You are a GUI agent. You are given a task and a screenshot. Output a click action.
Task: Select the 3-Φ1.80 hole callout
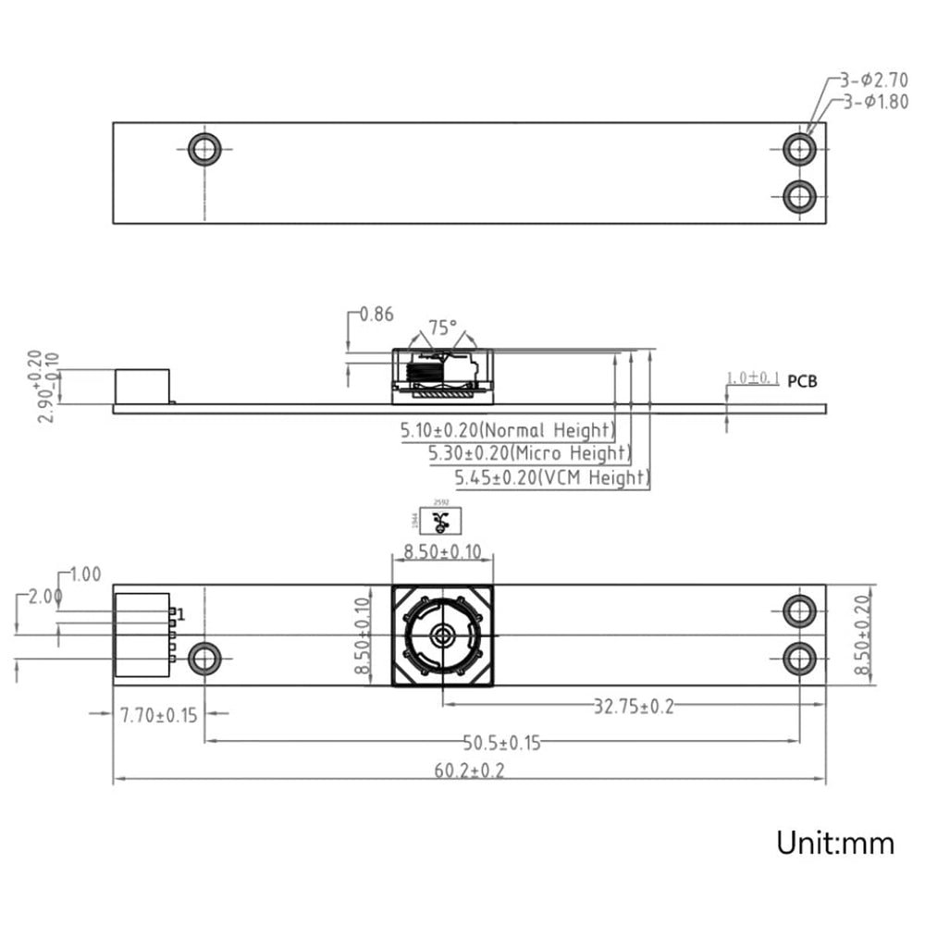(x=875, y=103)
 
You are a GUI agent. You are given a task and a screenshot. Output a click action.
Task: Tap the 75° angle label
(x=442, y=327)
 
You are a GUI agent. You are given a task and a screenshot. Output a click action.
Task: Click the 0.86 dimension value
(x=376, y=314)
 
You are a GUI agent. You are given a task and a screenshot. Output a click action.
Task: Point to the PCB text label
(x=802, y=380)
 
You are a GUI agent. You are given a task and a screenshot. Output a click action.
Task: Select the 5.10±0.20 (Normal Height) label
(x=507, y=430)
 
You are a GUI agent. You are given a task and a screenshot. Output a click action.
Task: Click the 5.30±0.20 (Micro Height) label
(x=528, y=454)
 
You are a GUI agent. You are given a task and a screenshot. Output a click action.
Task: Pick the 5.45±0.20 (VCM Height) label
(x=551, y=478)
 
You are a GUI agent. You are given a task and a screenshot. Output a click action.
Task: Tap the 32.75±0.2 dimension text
(x=634, y=708)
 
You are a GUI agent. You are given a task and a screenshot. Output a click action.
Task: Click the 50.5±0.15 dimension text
(x=501, y=742)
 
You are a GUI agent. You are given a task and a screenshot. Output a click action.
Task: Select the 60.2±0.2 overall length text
(x=465, y=771)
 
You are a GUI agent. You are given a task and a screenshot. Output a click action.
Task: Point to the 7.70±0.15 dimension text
(x=159, y=715)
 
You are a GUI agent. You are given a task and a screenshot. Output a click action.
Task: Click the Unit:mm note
(x=834, y=843)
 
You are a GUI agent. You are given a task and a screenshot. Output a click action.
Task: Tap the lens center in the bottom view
(x=442, y=635)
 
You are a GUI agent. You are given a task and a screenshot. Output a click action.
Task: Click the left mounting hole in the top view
(x=204, y=148)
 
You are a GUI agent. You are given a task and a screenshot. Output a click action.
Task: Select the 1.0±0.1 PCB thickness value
(x=753, y=378)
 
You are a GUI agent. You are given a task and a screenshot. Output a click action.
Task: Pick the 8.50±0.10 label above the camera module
(x=442, y=553)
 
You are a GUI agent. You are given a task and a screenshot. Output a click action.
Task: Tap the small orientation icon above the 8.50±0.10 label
(x=442, y=520)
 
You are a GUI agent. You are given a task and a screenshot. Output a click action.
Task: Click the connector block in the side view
(x=142, y=386)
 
